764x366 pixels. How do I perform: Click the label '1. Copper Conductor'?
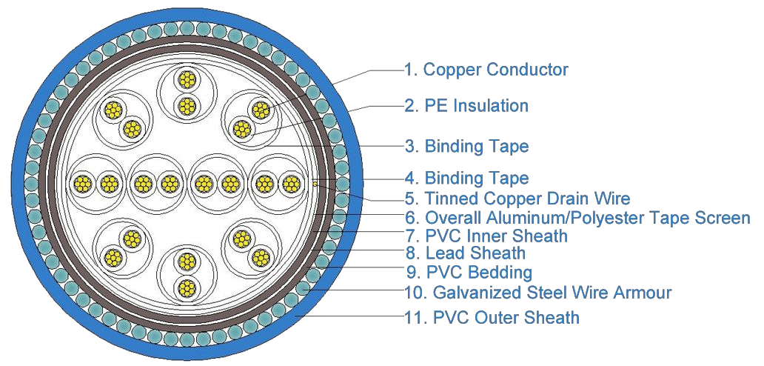(x=486, y=70)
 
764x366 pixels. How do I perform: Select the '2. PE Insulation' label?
(x=466, y=106)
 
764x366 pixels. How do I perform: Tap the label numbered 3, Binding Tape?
(x=466, y=146)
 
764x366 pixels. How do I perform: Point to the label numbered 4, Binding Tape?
(x=466, y=179)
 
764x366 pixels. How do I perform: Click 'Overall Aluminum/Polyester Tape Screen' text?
(x=577, y=218)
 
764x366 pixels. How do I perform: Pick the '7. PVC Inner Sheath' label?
(x=486, y=236)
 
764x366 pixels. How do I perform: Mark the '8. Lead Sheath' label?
(x=465, y=254)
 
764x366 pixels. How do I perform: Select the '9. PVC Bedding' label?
(x=469, y=273)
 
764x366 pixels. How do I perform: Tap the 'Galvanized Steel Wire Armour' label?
(x=537, y=293)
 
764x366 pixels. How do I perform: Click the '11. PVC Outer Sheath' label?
(x=492, y=318)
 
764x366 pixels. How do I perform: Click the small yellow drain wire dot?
(x=315, y=183)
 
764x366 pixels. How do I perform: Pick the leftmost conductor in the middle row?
(x=81, y=183)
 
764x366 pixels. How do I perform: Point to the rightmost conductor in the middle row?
(x=292, y=183)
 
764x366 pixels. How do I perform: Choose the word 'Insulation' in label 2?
(x=491, y=106)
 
